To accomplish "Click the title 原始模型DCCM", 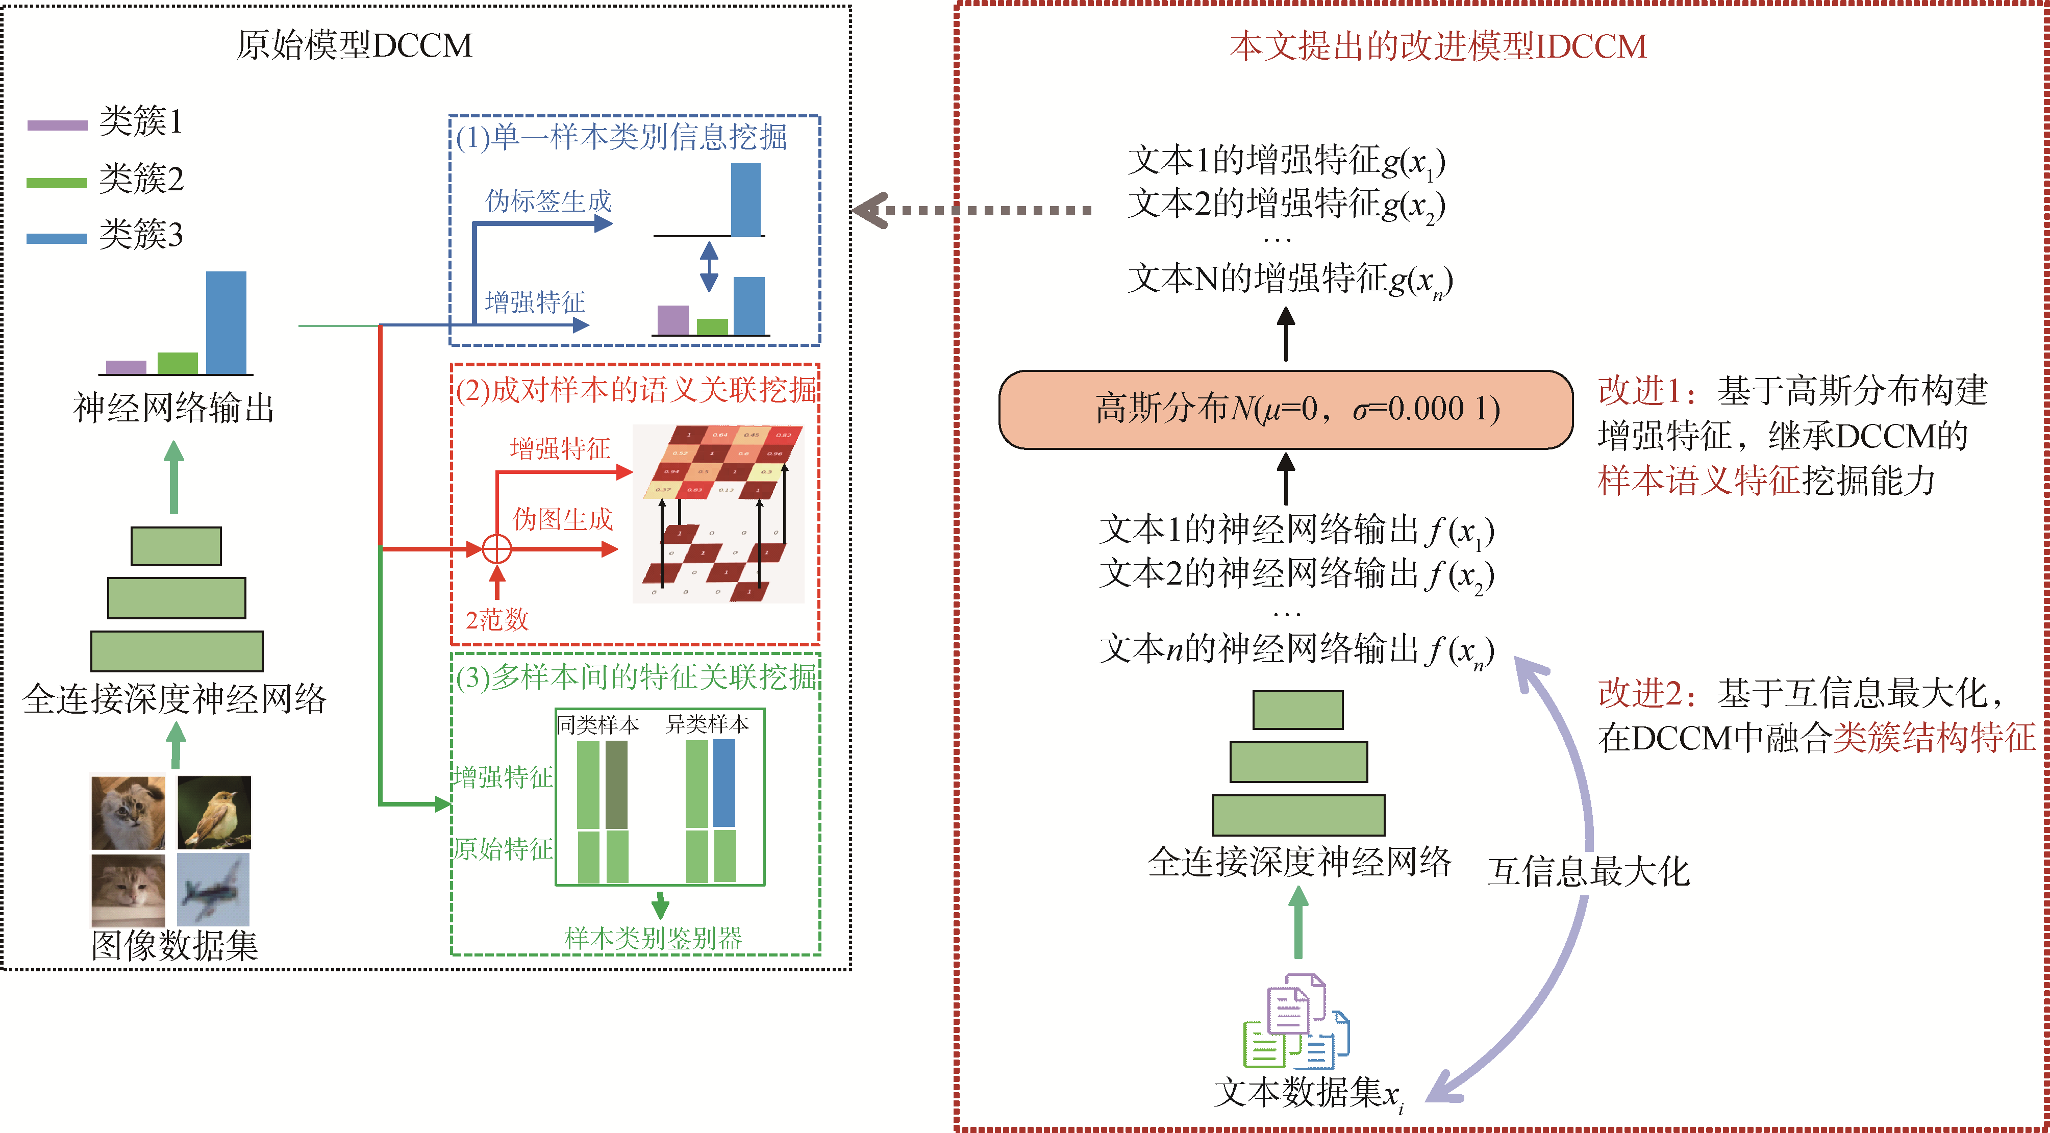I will pyautogui.click(x=354, y=45).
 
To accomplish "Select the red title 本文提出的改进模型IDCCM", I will pyautogui.click(x=1437, y=46).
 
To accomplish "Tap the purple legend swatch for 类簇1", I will pyautogui.click(x=57, y=125).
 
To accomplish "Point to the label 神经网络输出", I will pyautogui.click(x=173, y=408).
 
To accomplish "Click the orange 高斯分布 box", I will pyautogui.click(x=1285, y=410).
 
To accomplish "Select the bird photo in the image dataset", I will pyautogui.click(x=214, y=812).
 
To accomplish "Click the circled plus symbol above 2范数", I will pyautogui.click(x=497, y=549).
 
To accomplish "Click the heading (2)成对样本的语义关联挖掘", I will pyautogui.click(x=636, y=390).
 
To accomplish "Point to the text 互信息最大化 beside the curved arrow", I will pyautogui.click(x=1588, y=872).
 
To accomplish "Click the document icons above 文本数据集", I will pyautogui.click(x=1295, y=1022).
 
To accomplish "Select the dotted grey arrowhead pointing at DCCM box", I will pyautogui.click(x=869, y=211).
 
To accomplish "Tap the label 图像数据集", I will pyautogui.click(x=174, y=946).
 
